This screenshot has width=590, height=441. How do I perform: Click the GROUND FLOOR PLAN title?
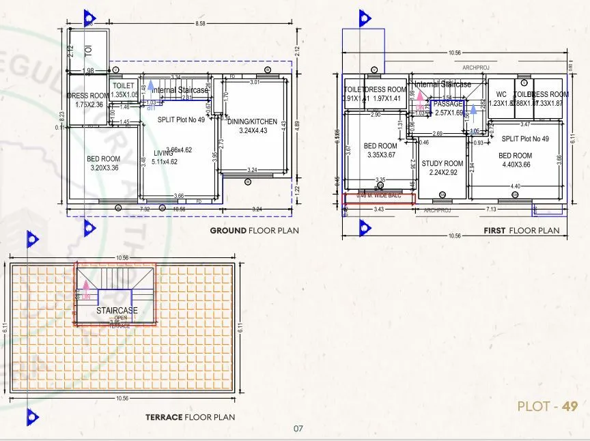254,230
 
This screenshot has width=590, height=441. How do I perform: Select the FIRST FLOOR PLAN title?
521,231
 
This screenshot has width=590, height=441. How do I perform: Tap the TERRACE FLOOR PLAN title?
190,417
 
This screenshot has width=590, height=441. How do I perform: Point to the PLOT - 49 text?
548,406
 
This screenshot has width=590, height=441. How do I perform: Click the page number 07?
298,429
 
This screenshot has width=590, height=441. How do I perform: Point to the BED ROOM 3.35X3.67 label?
380,150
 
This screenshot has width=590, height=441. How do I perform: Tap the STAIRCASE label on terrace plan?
117,311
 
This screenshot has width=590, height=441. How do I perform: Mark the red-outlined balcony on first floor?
380,199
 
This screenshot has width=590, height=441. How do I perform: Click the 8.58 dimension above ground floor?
200,24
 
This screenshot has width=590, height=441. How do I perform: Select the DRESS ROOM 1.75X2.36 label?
89,100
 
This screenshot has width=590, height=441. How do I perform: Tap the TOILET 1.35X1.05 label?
124,90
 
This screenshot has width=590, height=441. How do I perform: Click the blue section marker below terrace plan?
30,416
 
